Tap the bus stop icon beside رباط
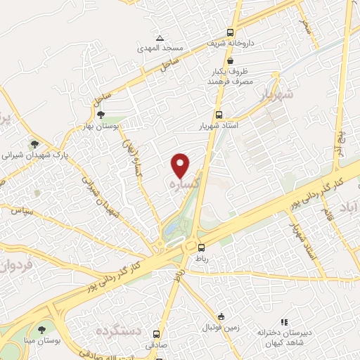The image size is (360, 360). click(202, 247)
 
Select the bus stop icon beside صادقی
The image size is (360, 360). click(156, 334)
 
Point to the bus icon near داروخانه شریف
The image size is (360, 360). click(231, 32)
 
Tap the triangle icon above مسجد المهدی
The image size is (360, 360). click(160, 38)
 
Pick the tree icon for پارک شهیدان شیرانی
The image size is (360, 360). click(32, 145)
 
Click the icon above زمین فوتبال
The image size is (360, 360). click(221, 316)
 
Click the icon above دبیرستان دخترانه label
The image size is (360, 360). click(284, 321)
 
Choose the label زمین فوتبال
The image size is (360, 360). click(222, 328)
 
